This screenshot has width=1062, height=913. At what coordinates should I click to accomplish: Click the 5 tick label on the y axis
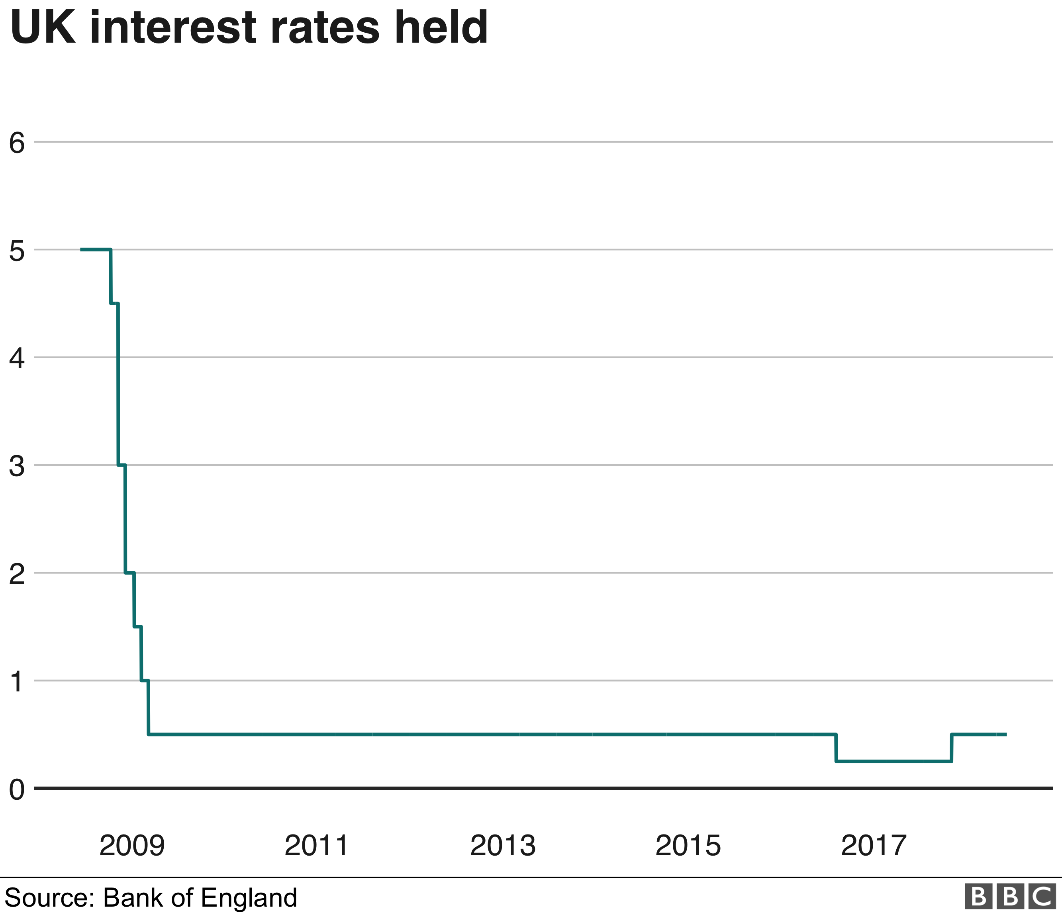[17, 251]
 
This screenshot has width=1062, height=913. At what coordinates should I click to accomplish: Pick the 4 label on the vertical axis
[17, 358]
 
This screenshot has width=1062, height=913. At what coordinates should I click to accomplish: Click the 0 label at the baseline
[17, 789]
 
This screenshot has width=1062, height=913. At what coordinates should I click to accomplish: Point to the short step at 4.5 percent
[114, 304]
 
